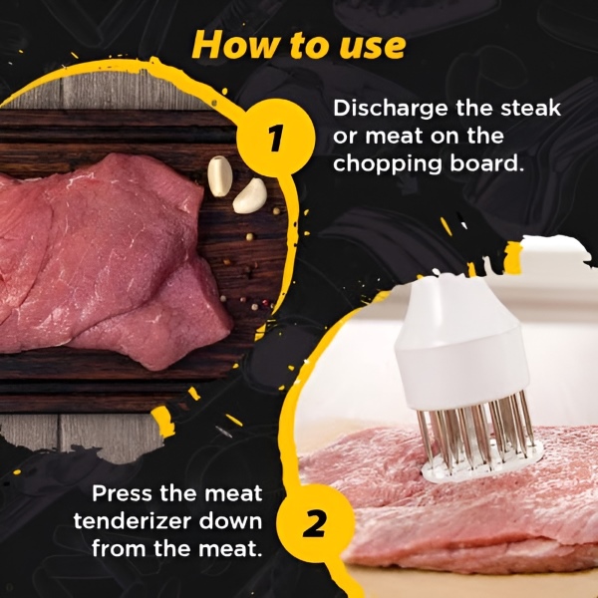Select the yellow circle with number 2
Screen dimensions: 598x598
[313, 524]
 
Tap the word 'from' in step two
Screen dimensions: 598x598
[119, 549]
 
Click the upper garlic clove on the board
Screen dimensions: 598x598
[219, 175]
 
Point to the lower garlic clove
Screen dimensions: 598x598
[249, 195]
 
